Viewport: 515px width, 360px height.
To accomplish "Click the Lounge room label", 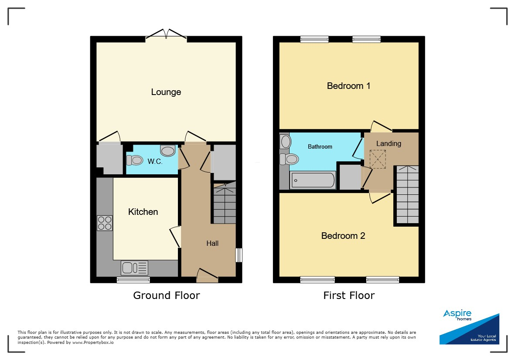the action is click(x=166, y=92).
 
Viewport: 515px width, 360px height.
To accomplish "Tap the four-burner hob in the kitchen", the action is click(x=105, y=223).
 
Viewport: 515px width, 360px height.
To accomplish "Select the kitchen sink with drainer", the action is click(x=134, y=268).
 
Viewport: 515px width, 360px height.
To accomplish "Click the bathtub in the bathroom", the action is click(x=313, y=180).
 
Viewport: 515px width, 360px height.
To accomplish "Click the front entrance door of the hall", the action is click(x=207, y=275).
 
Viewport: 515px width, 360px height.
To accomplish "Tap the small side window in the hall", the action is click(x=239, y=255).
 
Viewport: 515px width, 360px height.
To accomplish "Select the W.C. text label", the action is click(x=155, y=161).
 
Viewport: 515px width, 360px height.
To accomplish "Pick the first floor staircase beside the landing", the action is click(x=408, y=195).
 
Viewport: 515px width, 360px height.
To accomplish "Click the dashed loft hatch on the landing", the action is click(x=378, y=159).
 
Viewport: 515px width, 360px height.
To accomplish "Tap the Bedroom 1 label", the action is click(x=348, y=86).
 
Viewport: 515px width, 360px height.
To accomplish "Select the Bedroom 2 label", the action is click(x=343, y=236).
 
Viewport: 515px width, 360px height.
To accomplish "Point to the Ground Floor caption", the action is click(x=167, y=295).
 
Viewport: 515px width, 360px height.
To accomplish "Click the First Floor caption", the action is click(x=349, y=295).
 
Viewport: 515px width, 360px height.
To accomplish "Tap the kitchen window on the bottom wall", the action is click(x=133, y=280).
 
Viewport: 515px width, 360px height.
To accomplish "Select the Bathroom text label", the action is click(x=320, y=147).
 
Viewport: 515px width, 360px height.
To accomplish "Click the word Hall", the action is click(x=212, y=243).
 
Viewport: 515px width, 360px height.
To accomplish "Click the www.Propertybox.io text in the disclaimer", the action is click(x=93, y=342).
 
